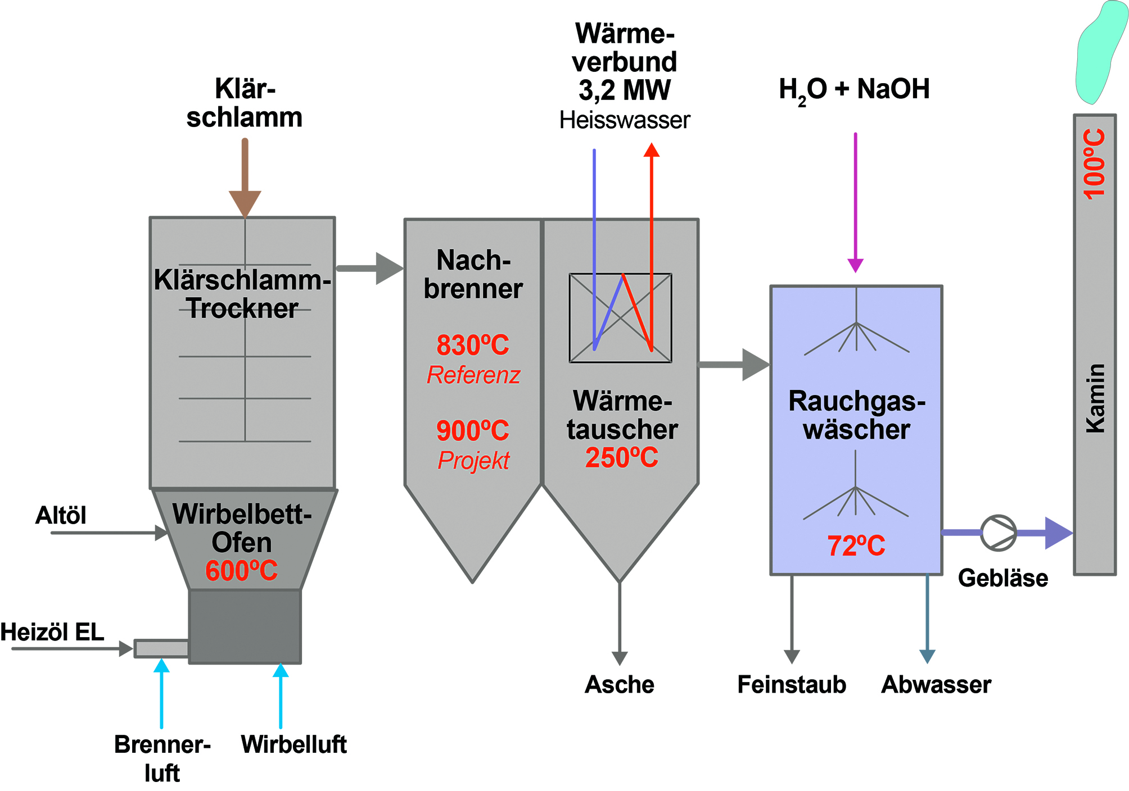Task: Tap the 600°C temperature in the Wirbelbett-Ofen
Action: tap(241, 571)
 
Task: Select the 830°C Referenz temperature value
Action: tap(473, 345)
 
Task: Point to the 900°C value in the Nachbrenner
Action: tap(473, 431)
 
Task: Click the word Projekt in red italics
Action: tap(473, 461)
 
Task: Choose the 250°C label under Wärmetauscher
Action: tap(621, 457)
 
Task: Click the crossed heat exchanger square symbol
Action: tap(620, 318)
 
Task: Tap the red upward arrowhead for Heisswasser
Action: tap(651, 150)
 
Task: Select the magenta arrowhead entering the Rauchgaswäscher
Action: tap(855, 265)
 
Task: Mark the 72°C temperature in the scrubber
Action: tap(856, 545)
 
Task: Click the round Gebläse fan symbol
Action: tap(998, 533)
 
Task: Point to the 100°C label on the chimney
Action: tap(1094, 163)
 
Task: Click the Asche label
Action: tap(619, 684)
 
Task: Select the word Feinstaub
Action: tap(791, 684)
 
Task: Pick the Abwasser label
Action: tap(936, 684)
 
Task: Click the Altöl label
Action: tap(61, 515)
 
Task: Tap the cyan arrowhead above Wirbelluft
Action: tap(281, 671)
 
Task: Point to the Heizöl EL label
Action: tap(52, 632)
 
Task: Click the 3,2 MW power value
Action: tap(624, 90)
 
